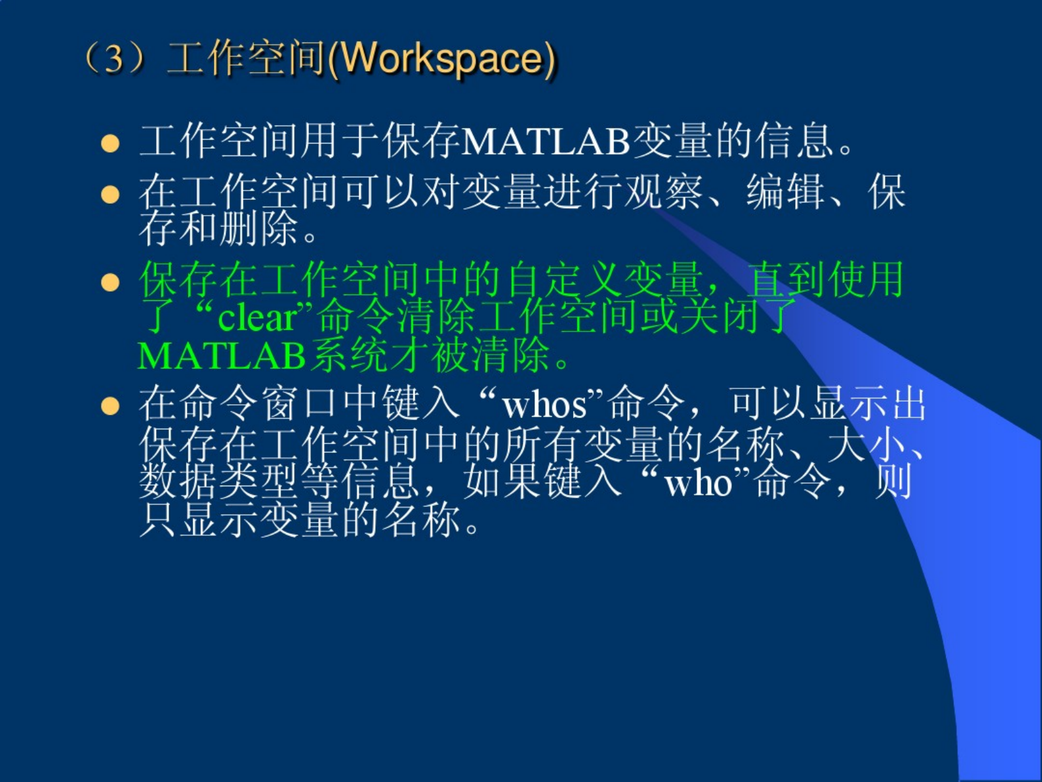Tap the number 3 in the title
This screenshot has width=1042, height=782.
[x=113, y=60]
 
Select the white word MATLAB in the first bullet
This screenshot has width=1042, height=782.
[x=545, y=141]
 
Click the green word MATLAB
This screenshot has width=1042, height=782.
[x=221, y=356]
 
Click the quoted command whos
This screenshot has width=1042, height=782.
[x=544, y=406]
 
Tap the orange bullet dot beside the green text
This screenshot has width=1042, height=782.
[x=110, y=282]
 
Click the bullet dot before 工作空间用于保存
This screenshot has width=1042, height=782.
[x=110, y=143]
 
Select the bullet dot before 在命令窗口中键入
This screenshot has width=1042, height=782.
[x=110, y=406]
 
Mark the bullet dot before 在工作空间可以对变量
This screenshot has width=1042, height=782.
[x=110, y=195]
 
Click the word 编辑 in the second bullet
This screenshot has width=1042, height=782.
[x=786, y=192]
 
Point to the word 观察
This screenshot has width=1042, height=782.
[x=664, y=192]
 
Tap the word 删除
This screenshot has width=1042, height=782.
[x=259, y=228]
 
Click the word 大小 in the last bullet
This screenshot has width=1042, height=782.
[x=867, y=445]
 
